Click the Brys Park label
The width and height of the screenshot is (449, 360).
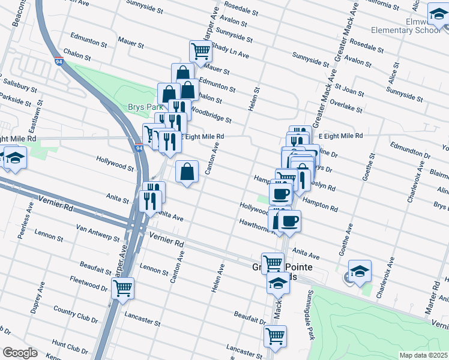[142, 107]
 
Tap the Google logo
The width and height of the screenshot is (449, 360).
[20, 353]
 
